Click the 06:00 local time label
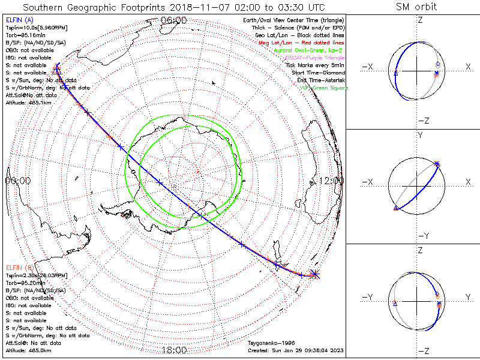173,20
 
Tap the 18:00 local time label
173,350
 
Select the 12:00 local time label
332,181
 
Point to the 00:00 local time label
17,181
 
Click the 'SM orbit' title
416,7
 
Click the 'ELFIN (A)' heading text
19,20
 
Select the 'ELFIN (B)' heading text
19,267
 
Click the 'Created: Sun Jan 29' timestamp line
295,350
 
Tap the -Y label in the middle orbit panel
419,235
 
